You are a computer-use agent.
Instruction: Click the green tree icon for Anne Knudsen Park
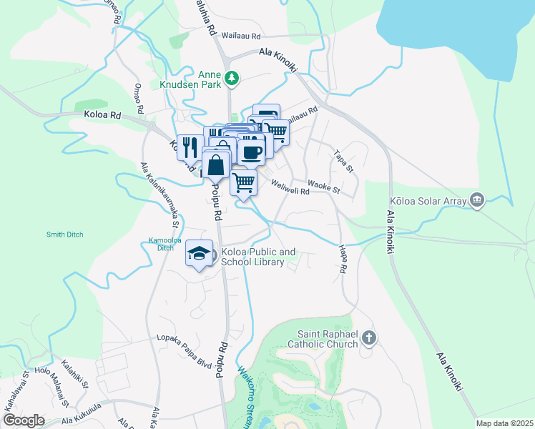point(231,77)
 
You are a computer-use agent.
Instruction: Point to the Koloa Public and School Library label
point(257,257)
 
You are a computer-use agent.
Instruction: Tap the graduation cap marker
point(200,253)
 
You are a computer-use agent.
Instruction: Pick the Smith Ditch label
point(65,234)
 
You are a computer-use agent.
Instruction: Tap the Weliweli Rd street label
point(290,187)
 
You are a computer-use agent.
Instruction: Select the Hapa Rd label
point(343,260)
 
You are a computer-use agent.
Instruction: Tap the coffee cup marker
point(251,152)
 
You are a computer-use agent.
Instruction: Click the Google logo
point(23,420)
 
